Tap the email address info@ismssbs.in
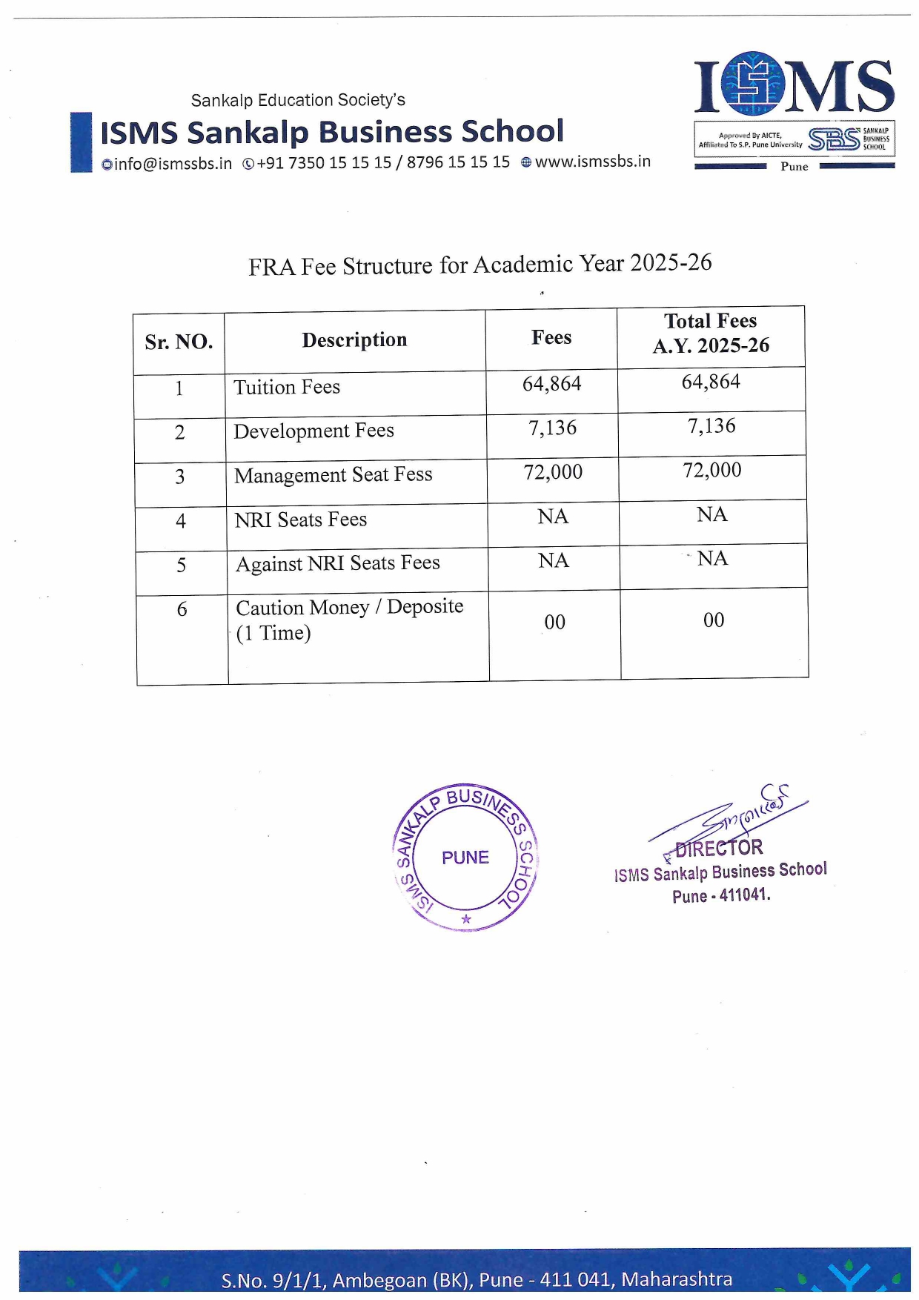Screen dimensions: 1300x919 [167, 164]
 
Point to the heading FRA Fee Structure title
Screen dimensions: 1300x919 [480, 265]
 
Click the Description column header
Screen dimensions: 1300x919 [354, 340]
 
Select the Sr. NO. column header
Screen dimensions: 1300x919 [179, 342]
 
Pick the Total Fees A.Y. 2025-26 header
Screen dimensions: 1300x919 [710, 334]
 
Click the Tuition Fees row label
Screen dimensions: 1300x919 [287, 388]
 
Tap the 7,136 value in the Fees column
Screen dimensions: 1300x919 [552, 428]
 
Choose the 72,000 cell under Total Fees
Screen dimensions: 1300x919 [711, 470]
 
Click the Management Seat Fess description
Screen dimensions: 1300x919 [333, 475]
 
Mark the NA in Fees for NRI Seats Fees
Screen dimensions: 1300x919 [553, 517]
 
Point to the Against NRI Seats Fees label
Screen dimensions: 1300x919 [337, 564]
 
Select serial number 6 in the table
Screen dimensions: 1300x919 [182, 610]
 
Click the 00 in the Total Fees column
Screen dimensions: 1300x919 [714, 620]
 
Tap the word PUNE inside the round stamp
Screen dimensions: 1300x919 [465, 858]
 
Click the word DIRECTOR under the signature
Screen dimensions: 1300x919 [718, 848]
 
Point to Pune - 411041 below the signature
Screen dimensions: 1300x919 [721, 895]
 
